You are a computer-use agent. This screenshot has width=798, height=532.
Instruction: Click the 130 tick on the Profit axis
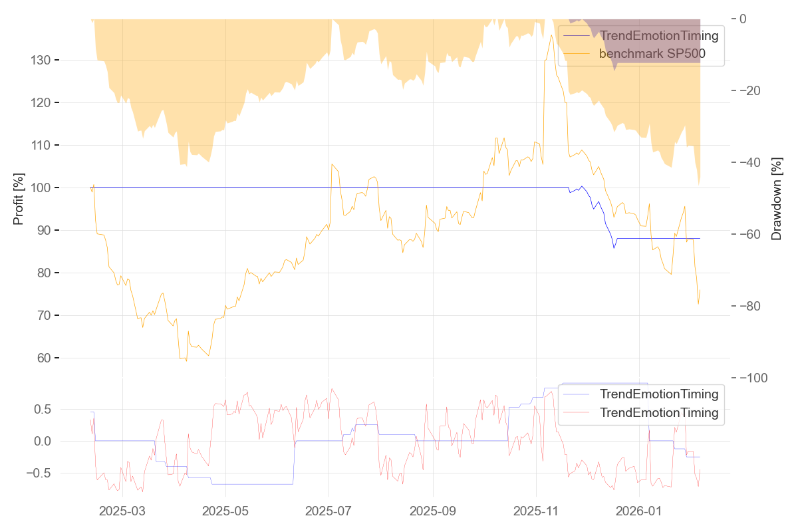click(41, 61)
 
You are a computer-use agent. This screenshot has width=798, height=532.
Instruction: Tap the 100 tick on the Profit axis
click(41, 188)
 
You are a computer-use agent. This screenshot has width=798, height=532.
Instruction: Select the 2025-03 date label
click(122, 511)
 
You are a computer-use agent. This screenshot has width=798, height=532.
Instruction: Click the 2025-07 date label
click(329, 511)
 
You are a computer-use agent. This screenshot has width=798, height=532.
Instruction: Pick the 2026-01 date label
click(639, 511)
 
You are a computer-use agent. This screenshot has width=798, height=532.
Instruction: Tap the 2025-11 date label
click(536, 511)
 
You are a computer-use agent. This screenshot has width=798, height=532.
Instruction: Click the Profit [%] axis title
click(19, 198)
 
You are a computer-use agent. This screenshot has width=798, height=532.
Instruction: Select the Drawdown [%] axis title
click(776, 198)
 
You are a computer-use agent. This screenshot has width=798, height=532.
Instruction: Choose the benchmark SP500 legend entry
click(651, 54)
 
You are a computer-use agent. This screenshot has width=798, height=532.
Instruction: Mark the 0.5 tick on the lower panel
click(42, 409)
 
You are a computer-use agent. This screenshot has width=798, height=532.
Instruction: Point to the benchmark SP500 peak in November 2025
click(552, 35)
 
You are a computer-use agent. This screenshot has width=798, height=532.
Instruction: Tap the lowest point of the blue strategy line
click(614, 248)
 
